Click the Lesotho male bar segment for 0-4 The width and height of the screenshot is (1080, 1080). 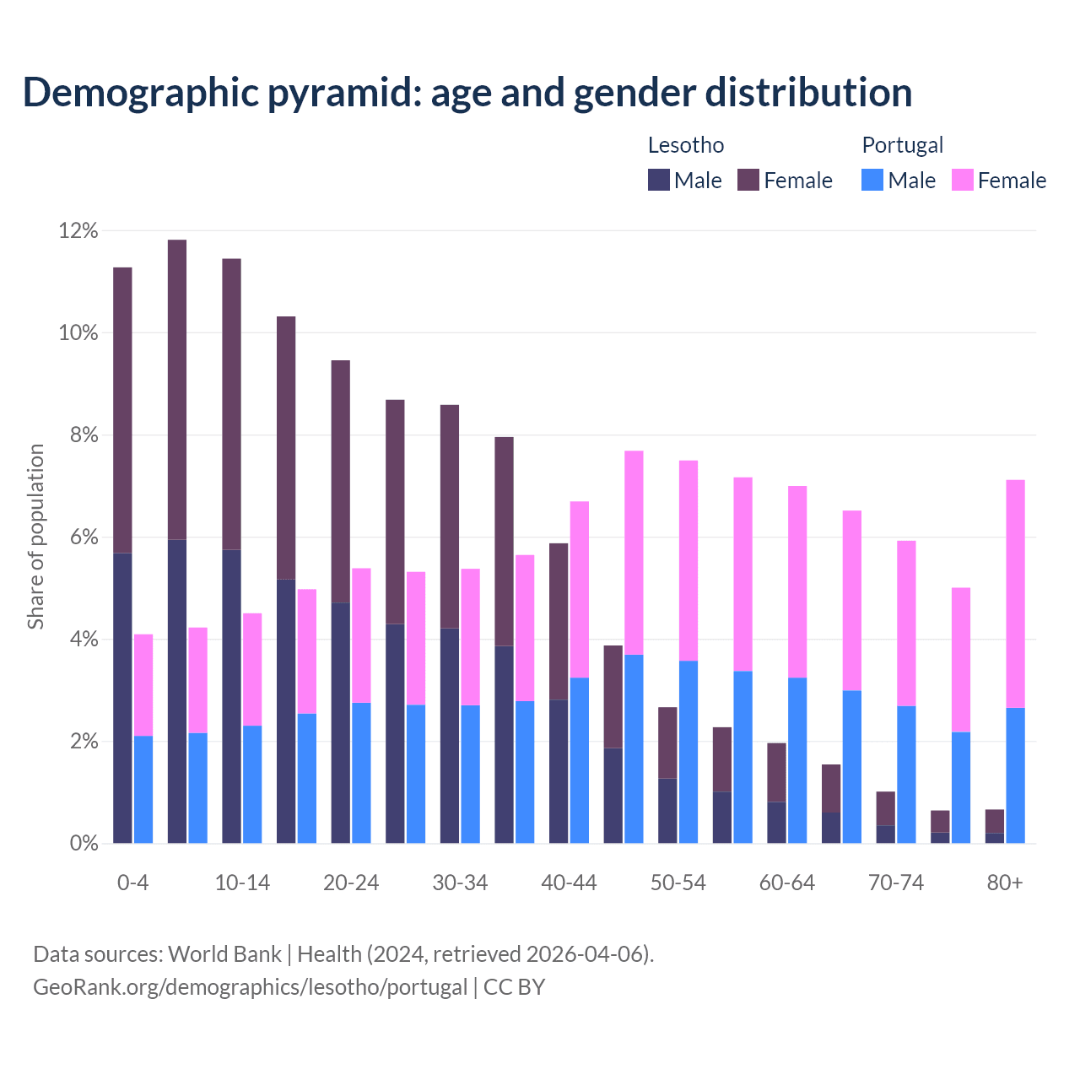pos(122,698)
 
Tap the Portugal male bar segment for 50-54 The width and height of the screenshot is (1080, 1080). pos(688,752)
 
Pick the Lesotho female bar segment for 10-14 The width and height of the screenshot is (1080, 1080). pos(231,404)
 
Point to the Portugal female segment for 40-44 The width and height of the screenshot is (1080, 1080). pos(580,589)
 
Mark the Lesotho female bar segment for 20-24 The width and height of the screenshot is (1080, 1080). pos(340,481)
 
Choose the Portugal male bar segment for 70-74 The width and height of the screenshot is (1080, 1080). pos(906,774)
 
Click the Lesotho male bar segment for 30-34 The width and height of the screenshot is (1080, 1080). pos(450,735)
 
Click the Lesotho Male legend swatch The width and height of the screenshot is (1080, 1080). pos(659,180)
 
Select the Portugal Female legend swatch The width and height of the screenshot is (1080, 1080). pos(962,180)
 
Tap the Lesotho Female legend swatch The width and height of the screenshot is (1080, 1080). pos(748,180)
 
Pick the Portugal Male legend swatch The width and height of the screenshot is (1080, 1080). pos(872,180)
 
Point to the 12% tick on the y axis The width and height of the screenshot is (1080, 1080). pos(78,230)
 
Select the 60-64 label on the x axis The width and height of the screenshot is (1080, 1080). pos(787,883)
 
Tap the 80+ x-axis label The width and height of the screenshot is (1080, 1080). pos(1005,883)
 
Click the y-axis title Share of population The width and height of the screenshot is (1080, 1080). pos(36,537)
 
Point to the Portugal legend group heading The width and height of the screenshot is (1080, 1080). pos(902,145)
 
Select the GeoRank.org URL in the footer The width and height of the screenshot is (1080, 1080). pos(250,986)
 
